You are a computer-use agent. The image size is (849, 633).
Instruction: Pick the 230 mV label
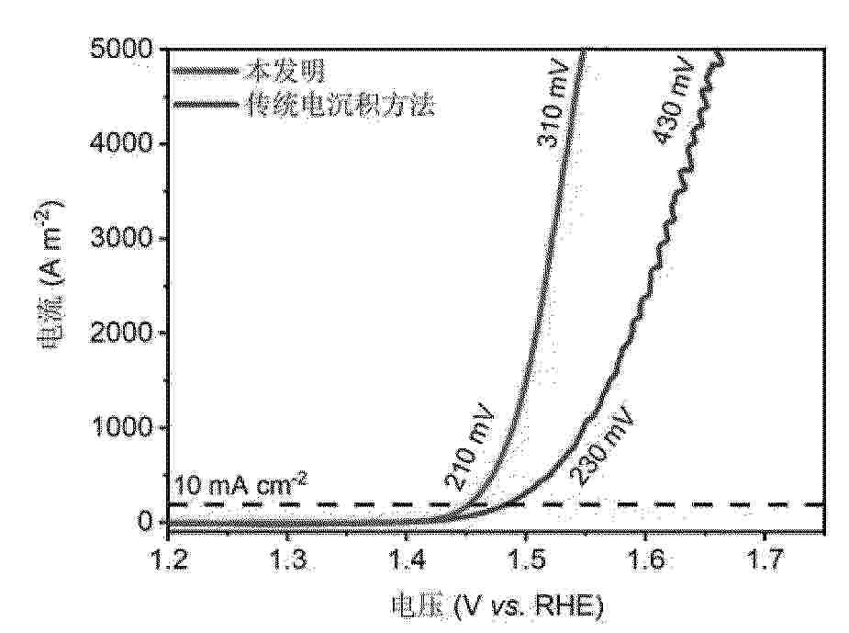[x=601, y=445]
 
